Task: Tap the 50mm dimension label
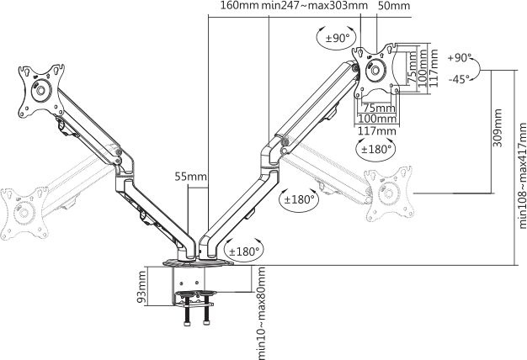(394, 7)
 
